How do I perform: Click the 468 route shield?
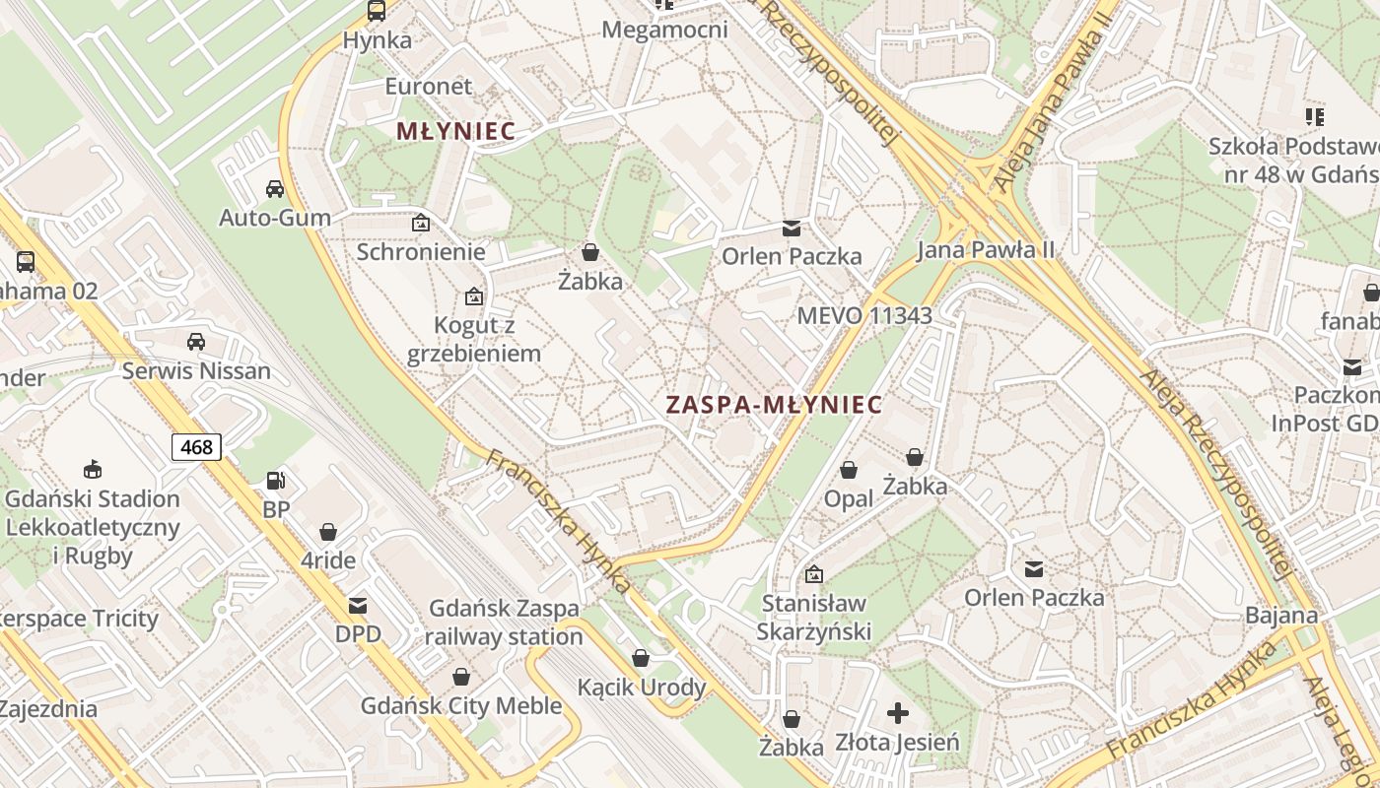coord(196,447)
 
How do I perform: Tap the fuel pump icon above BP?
coord(276,481)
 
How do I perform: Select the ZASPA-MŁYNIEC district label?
coord(774,405)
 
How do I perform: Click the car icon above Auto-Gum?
coord(275,188)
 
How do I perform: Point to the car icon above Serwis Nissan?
coord(196,342)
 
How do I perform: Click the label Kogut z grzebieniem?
coord(474,339)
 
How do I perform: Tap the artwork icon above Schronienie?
coord(421,223)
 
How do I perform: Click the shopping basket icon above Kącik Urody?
coord(641,658)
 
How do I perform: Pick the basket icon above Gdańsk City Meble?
coord(460,677)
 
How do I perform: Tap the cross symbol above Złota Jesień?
coord(897,712)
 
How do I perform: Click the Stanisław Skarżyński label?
coord(814,617)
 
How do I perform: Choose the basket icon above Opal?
coord(849,470)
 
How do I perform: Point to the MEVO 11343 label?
coord(864,316)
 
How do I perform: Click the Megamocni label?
coord(664,30)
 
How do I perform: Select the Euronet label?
coord(429,86)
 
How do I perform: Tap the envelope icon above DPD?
coord(357,606)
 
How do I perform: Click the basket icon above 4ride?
coord(328,532)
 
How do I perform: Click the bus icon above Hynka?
coord(377,11)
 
